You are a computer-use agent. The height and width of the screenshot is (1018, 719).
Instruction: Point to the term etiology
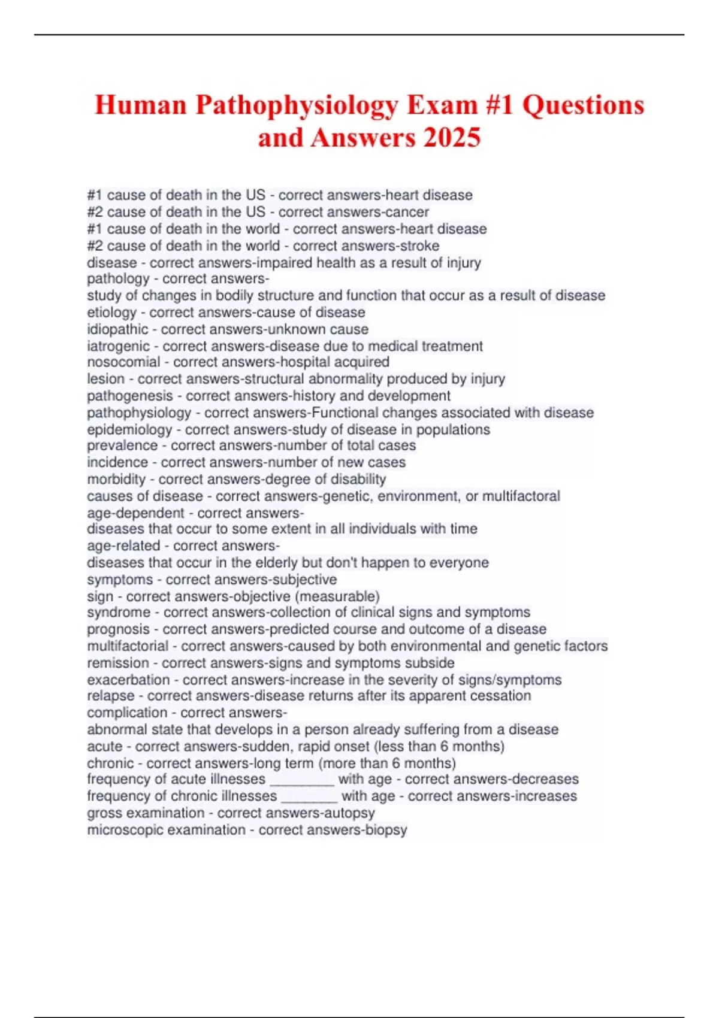point(112,313)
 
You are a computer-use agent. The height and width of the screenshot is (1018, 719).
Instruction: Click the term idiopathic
point(117,329)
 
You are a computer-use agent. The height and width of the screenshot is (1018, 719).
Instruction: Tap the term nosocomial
point(123,362)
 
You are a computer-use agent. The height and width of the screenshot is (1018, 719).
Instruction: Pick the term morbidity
point(116,479)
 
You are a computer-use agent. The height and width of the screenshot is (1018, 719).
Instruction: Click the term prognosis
point(118,629)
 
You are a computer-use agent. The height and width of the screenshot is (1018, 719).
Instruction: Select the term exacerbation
point(128,680)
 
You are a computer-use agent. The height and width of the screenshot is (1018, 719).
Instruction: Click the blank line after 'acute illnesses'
point(302,780)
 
